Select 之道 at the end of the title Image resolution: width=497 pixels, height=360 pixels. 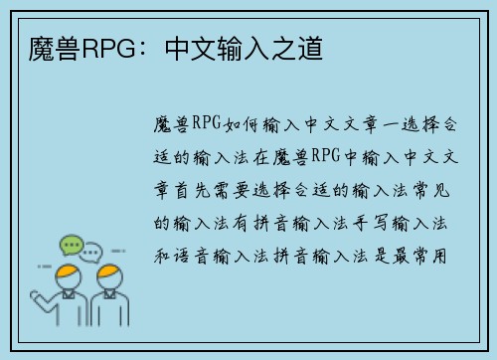[x=303, y=47]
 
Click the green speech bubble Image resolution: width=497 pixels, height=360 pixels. [x=70, y=245]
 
